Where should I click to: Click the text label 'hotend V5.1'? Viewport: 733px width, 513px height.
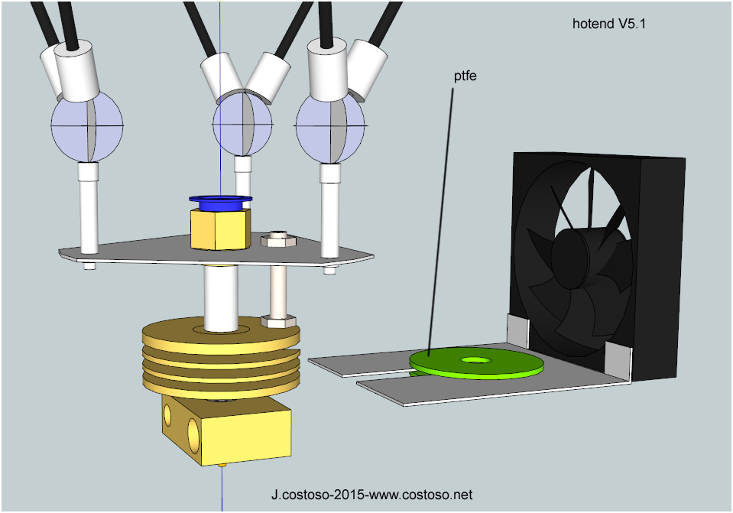[608, 24]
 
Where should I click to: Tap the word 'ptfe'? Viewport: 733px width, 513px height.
[465, 76]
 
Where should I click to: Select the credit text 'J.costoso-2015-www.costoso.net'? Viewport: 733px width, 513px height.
[371, 495]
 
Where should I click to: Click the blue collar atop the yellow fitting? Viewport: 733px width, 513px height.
[221, 203]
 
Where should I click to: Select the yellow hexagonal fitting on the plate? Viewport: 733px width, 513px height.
[220, 229]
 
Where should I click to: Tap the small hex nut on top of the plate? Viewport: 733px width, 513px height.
[277, 239]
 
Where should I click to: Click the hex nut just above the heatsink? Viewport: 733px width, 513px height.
[278, 322]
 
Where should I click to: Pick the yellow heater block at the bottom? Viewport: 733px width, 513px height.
[227, 430]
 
